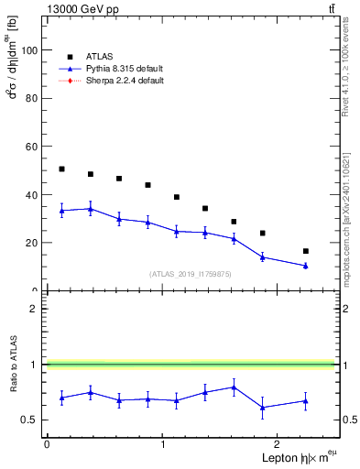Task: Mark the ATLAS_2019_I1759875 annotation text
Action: click(191, 273)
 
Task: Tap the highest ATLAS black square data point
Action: click(61, 169)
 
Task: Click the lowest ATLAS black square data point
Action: click(305, 251)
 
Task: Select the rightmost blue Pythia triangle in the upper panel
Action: click(305, 266)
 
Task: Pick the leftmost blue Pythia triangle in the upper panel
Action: click(61, 211)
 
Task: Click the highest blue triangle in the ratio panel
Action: click(234, 387)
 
